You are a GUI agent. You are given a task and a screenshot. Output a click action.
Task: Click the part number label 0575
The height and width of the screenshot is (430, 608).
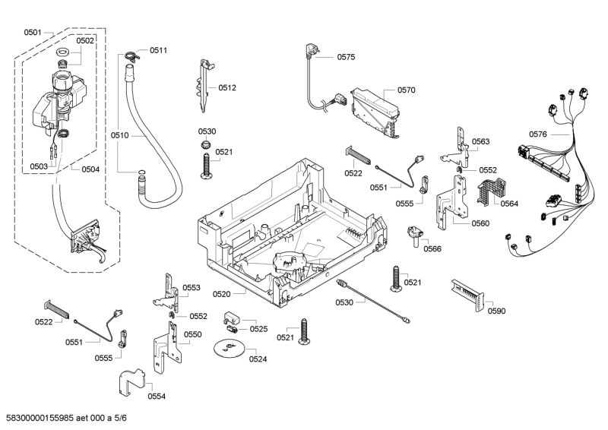[346, 57]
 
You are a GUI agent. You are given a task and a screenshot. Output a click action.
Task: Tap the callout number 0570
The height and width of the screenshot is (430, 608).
[406, 90]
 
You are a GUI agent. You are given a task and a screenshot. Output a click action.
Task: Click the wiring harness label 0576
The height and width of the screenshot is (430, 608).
[538, 134]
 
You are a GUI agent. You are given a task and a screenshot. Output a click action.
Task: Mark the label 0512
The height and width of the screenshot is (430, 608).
[227, 87]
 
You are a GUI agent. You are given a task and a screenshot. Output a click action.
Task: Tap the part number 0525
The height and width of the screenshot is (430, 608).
[258, 329]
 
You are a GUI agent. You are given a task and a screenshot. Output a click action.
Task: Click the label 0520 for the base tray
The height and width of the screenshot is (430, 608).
[242, 293]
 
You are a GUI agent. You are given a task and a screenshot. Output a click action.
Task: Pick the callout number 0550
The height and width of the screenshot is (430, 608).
[193, 334]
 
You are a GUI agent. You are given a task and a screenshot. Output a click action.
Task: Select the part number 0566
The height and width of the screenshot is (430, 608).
[432, 248]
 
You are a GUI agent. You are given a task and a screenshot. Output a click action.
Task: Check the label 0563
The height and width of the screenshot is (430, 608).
[480, 141]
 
